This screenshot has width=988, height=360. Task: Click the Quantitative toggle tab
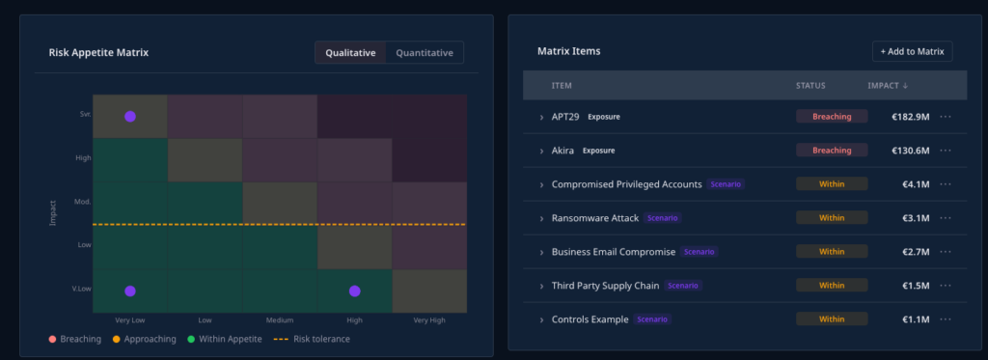[425, 53]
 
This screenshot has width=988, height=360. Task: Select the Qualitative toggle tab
[350, 53]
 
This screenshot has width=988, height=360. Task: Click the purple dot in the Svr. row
[130, 117]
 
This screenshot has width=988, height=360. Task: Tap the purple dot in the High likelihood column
[355, 291]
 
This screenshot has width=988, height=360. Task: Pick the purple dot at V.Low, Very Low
[130, 291]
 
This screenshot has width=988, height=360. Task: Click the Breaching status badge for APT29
[832, 117]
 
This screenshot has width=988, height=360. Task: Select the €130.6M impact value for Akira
[911, 151]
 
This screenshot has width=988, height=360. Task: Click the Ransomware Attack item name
[594, 218]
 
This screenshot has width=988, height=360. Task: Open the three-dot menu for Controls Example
[946, 319]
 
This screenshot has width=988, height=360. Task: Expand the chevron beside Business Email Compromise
[541, 252]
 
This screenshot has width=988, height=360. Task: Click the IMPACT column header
[888, 86]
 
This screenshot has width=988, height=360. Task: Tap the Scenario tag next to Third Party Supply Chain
[682, 286]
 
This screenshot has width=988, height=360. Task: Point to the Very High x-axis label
[429, 320]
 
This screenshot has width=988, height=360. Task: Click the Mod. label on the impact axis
[83, 202]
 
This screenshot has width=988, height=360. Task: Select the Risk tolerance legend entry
[312, 339]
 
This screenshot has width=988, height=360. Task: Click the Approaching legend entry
[145, 339]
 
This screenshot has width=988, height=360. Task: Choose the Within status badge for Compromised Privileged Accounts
[832, 184]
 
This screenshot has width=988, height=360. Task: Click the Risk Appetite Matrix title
[99, 53]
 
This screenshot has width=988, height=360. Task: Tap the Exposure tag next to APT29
[604, 117]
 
